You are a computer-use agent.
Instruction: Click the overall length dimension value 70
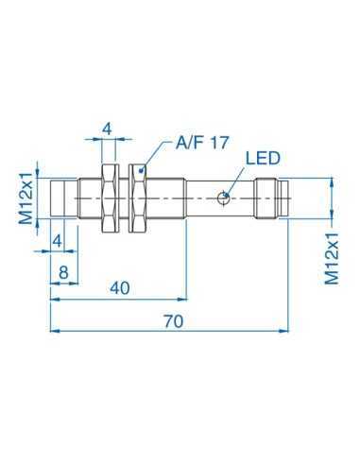pyautogui.click(x=172, y=321)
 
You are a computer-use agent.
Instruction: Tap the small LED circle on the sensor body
pyautogui.click(x=223, y=198)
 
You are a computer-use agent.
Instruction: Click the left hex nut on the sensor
pyautogui.click(x=108, y=198)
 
